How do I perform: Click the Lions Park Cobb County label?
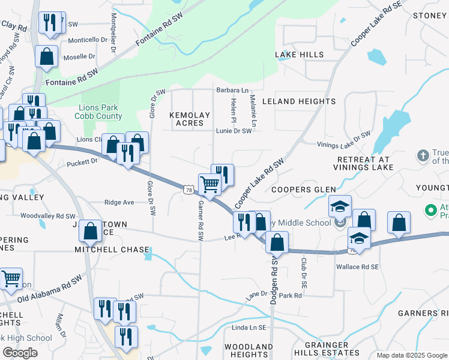[100, 112]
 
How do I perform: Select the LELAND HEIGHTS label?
[298, 101]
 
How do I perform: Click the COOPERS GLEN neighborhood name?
[303, 190]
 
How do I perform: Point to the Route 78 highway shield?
[189, 190]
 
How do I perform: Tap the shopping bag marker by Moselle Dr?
[47, 57]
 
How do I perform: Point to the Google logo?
[20, 353]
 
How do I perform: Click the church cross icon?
[423, 157]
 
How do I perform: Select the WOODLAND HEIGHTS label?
[249, 351]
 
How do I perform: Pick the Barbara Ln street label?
[232, 90]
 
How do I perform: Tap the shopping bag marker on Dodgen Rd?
[277, 242]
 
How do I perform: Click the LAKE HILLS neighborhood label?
[300, 55]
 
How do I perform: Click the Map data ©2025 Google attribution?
[412, 355]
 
